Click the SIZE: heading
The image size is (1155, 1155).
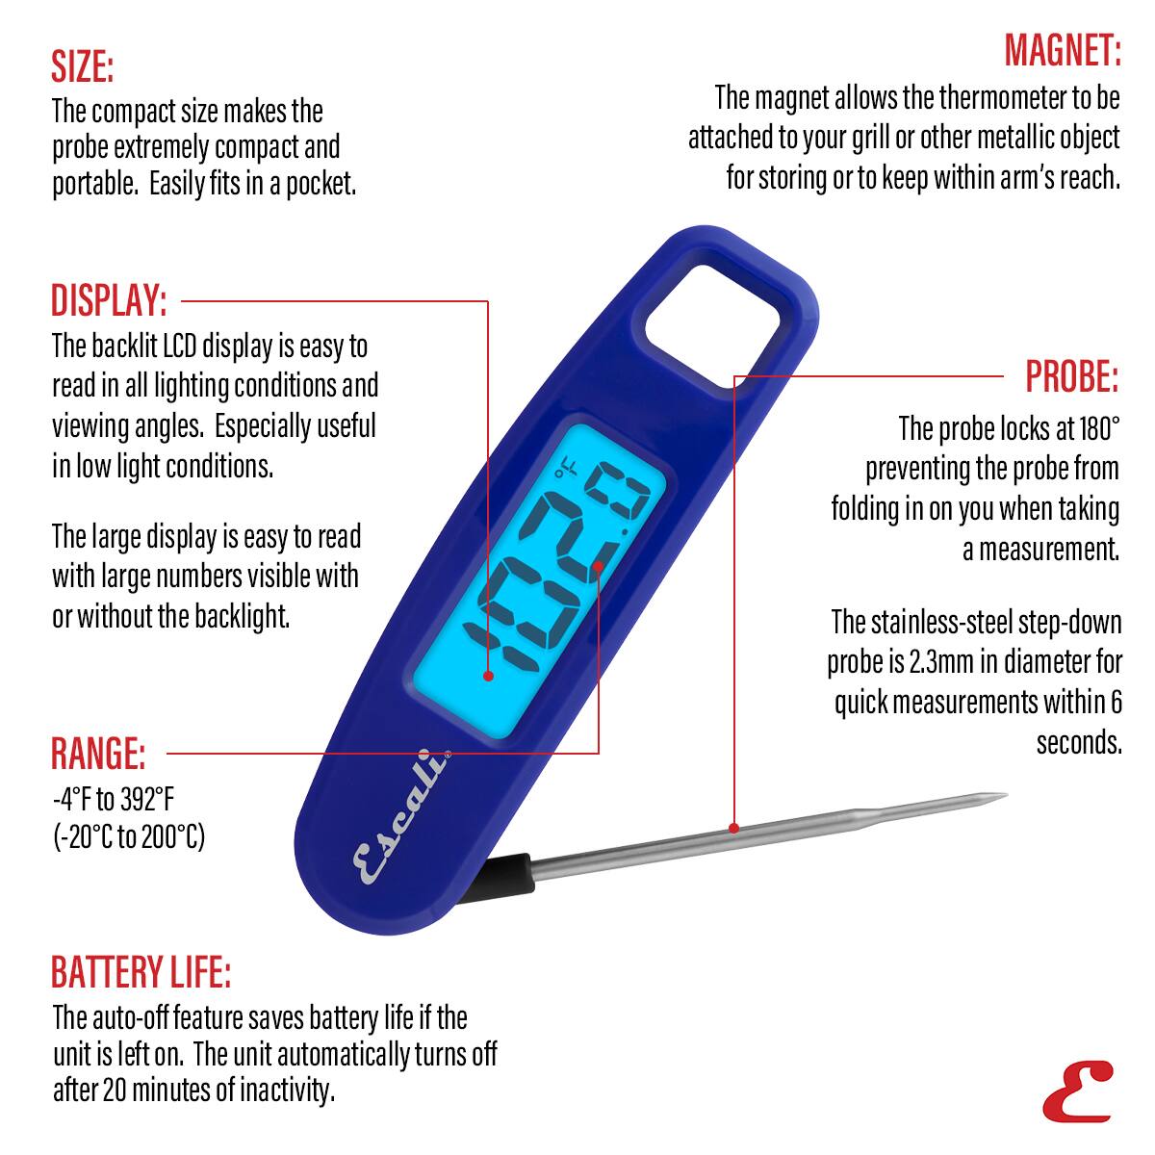point(83,67)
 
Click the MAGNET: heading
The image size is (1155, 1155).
point(1063,50)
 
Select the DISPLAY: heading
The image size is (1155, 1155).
point(109,301)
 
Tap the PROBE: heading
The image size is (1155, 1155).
point(1071,376)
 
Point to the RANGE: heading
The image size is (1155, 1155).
point(98,754)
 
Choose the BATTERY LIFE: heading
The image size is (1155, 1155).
point(141,973)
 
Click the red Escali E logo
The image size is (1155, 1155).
point(1077,1091)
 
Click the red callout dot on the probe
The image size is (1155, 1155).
point(733,828)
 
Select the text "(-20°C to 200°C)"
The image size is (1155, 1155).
point(128,835)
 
